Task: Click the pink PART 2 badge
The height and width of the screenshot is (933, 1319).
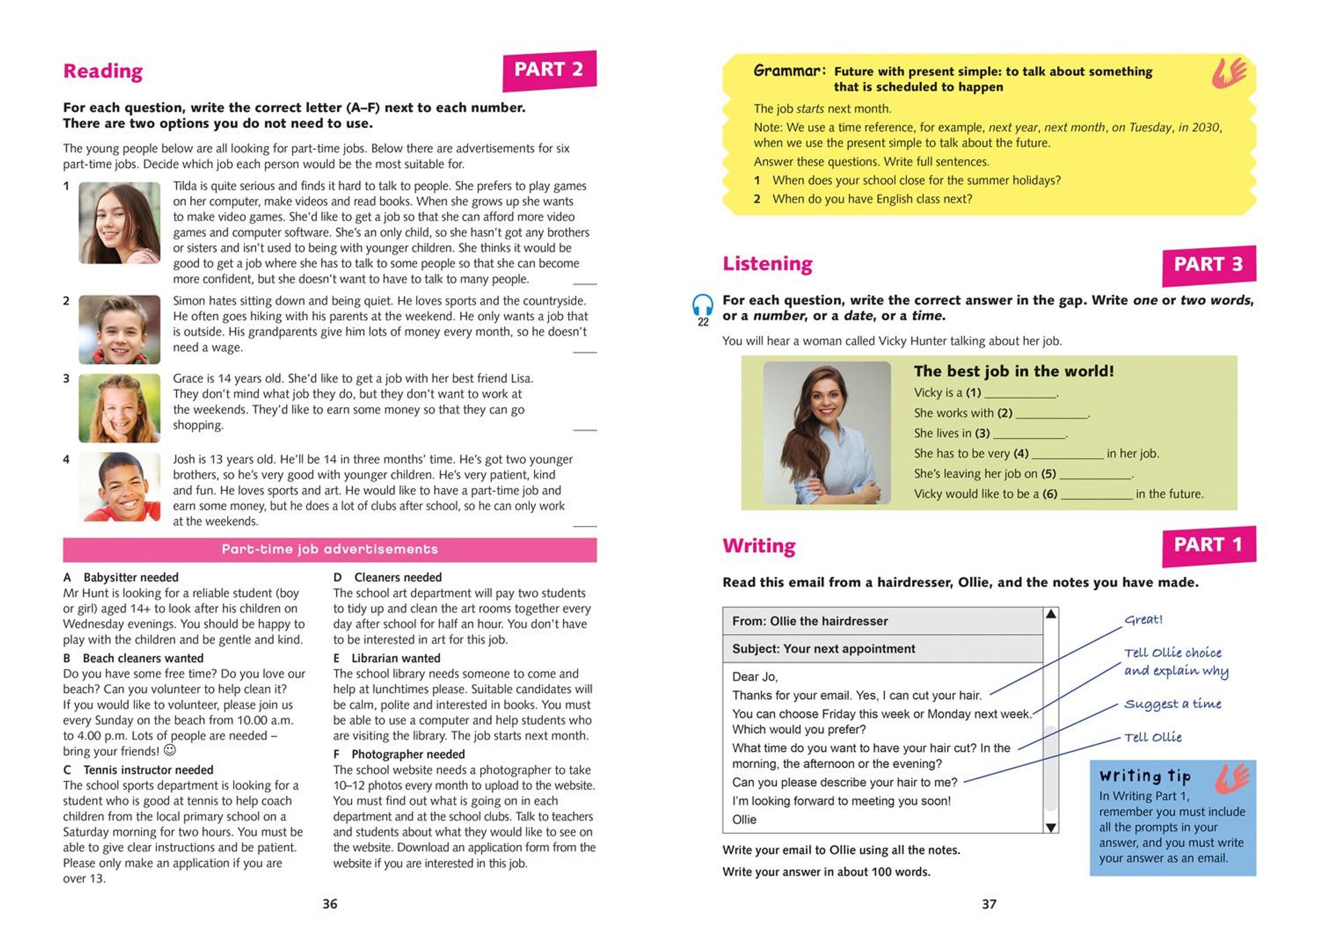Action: click(x=549, y=71)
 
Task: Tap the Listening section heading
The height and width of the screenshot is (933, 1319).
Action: click(x=768, y=264)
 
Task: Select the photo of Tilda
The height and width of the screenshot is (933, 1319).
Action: click(x=119, y=223)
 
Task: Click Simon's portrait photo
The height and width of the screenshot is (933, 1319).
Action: click(x=119, y=329)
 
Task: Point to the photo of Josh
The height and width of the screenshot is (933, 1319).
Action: click(x=119, y=487)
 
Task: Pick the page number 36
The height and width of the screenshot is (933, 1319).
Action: click(x=330, y=904)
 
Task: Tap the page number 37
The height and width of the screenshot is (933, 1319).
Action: click(x=989, y=904)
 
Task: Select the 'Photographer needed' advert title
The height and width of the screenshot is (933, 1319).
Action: click(x=408, y=754)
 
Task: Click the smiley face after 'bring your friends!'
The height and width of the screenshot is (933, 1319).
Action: click(x=169, y=751)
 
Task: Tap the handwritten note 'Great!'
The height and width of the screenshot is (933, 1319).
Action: click(x=1143, y=619)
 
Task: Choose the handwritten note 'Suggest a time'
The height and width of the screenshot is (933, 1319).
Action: click(x=1172, y=704)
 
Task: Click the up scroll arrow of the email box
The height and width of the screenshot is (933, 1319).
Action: click(x=1051, y=614)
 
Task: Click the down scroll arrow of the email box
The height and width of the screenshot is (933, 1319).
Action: click(x=1051, y=828)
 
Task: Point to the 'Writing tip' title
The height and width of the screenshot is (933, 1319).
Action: click(x=1144, y=776)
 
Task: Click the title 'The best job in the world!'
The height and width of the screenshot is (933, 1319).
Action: click(x=1013, y=371)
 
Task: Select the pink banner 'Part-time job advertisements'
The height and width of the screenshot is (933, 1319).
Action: click(x=330, y=550)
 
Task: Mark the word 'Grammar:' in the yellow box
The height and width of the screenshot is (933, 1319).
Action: click(x=789, y=71)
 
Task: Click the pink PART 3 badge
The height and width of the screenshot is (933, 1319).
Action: click(x=1208, y=265)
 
